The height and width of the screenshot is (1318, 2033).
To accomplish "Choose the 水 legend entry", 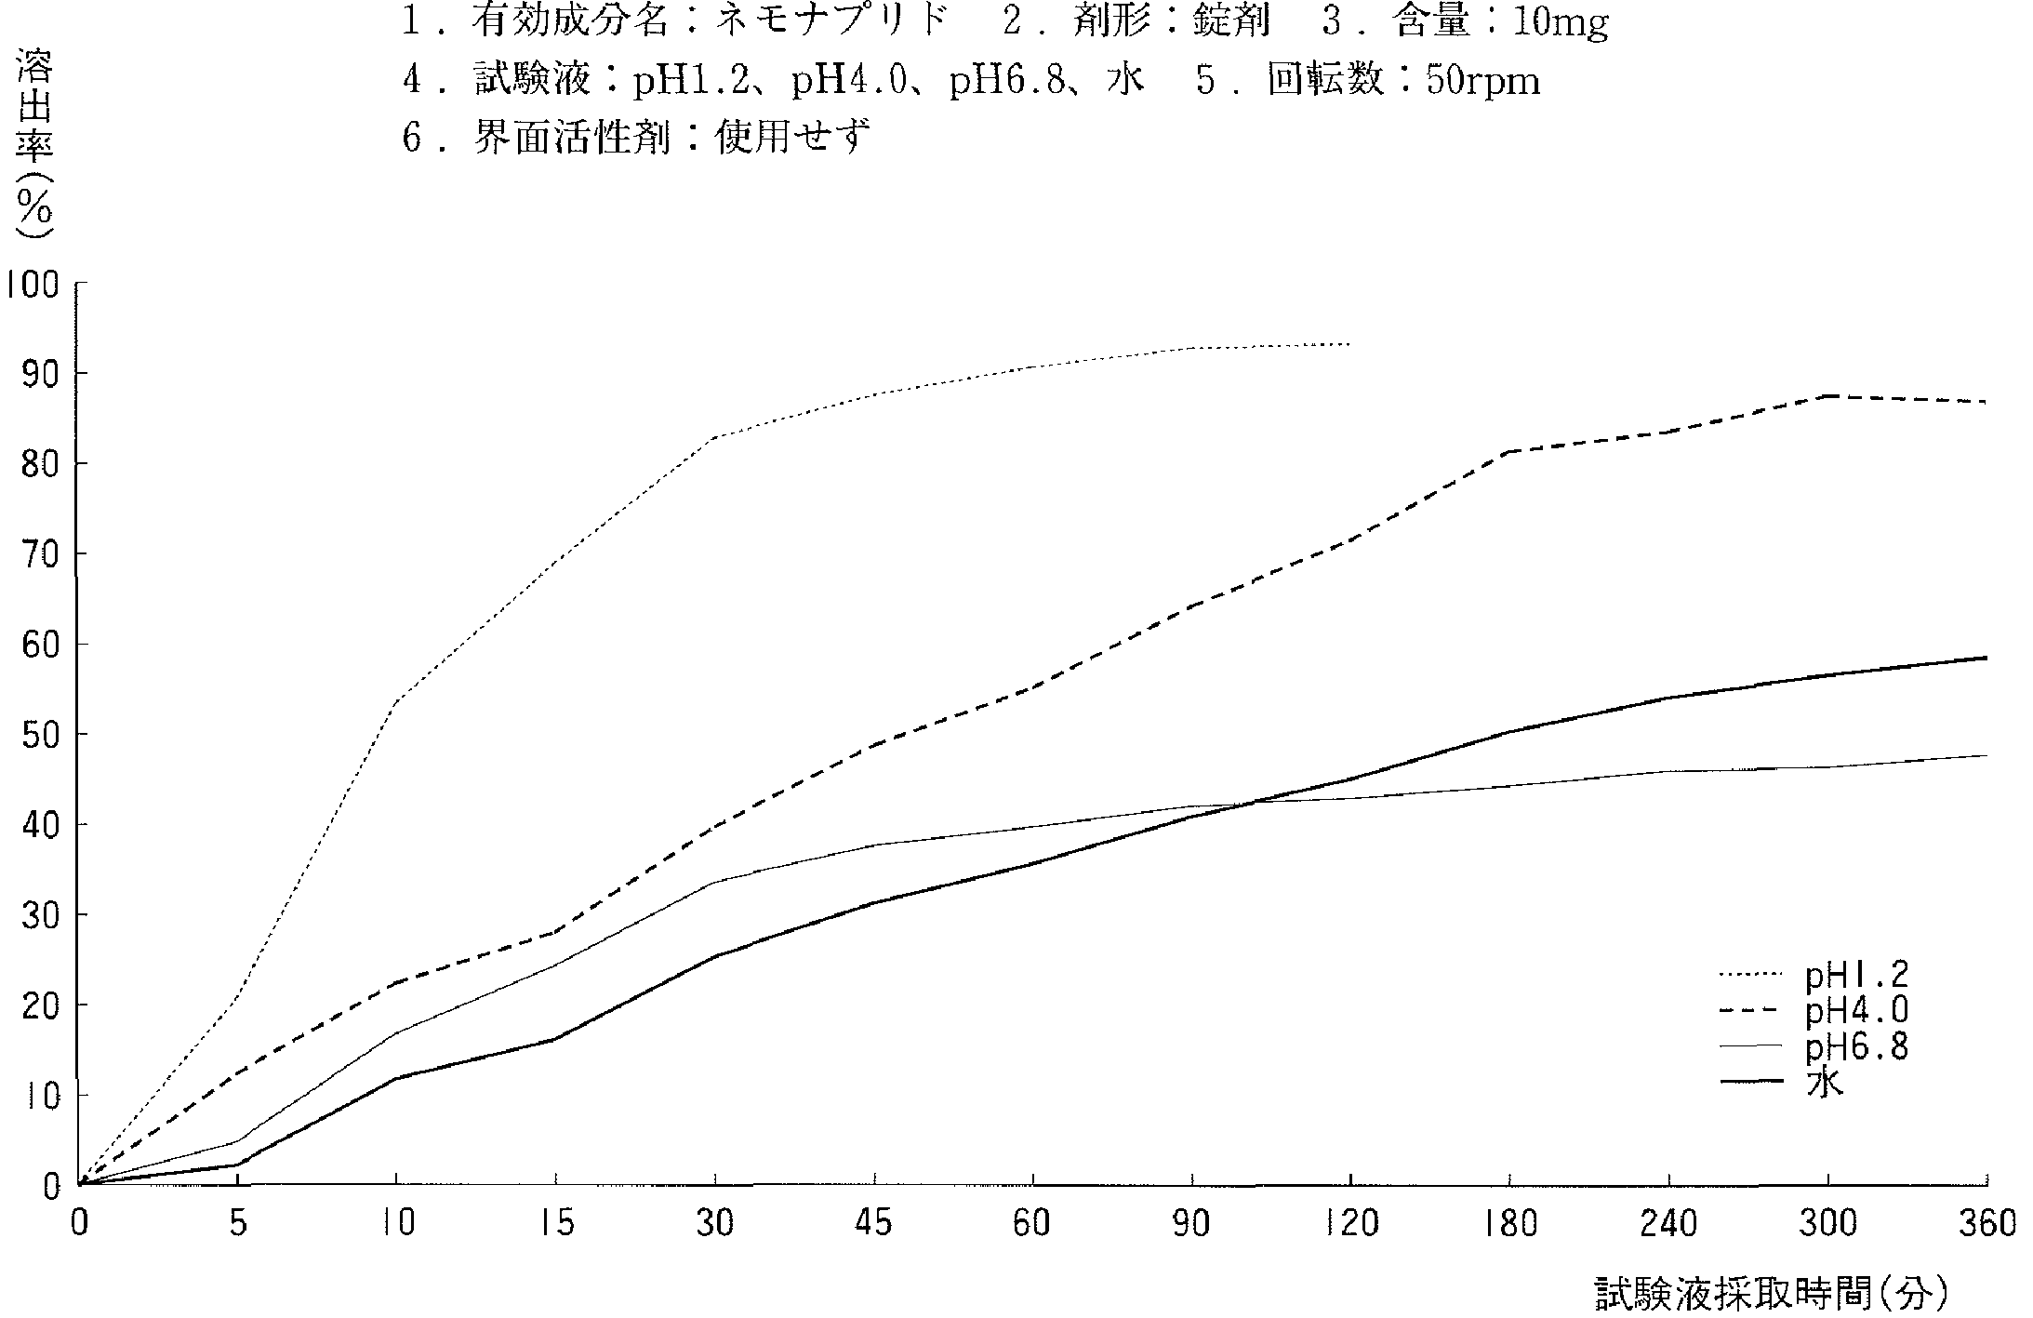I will (1824, 1083).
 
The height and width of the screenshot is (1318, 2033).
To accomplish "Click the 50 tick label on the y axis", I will (39, 735).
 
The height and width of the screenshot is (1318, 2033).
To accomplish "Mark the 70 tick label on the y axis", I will (39, 554).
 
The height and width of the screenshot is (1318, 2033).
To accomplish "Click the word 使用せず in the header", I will (792, 140).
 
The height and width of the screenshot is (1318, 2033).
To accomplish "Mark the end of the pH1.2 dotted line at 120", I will (1349, 344).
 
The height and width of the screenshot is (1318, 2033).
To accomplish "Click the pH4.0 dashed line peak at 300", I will (1827, 396).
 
